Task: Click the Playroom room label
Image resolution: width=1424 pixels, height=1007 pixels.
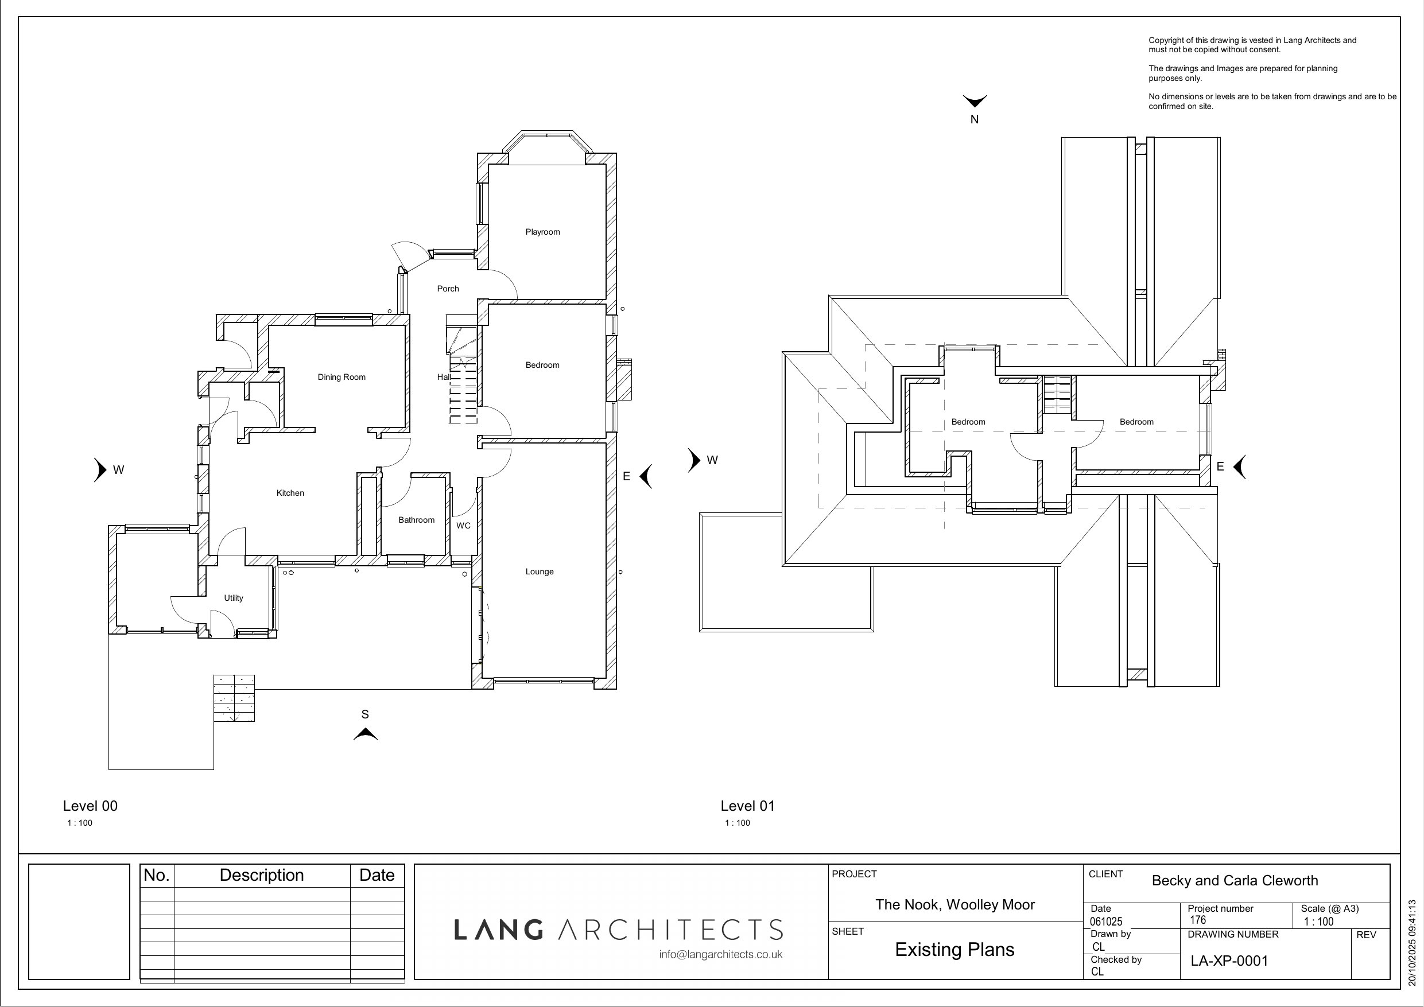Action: pyautogui.click(x=543, y=232)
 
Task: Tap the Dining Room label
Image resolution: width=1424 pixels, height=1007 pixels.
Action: pyautogui.click(x=342, y=377)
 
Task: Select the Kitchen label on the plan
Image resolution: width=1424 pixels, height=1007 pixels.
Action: pyautogui.click(x=290, y=493)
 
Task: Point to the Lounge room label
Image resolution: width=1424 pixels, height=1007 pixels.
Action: pyautogui.click(x=540, y=571)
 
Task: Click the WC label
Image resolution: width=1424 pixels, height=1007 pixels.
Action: pyautogui.click(x=463, y=526)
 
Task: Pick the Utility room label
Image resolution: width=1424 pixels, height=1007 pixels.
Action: pyautogui.click(x=234, y=598)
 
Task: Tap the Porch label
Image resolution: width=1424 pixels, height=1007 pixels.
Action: pyautogui.click(x=448, y=289)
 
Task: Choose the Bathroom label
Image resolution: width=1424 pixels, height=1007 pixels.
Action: pyautogui.click(x=417, y=520)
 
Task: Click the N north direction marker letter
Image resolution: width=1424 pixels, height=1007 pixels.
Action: pyautogui.click(x=975, y=120)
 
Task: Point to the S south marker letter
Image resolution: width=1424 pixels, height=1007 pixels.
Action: pyautogui.click(x=365, y=714)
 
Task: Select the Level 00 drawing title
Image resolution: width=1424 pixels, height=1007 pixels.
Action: pyautogui.click(x=90, y=806)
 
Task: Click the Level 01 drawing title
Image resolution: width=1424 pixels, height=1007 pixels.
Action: pyautogui.click(x=748, y=806)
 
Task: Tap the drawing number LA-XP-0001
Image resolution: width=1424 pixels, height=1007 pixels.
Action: pyautogui.click(x=1230, y=961)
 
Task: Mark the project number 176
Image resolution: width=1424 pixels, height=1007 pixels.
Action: pyautogui.click(x=1198, y=920)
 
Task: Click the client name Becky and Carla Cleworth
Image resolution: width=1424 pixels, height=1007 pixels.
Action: pyautogui.click(x=1235, y=881)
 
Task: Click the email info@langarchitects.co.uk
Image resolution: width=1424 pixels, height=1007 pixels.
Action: pyautogui.click(x=721, y=955)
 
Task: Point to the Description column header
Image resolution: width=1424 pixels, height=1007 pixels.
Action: pyautogui.click(x=262, y=875)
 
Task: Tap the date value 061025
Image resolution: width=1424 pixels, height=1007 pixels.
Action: pyautogui.click(x=1107, y=922)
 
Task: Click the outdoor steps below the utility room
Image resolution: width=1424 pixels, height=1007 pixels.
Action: pyautogui.click(x=234, y=698)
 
